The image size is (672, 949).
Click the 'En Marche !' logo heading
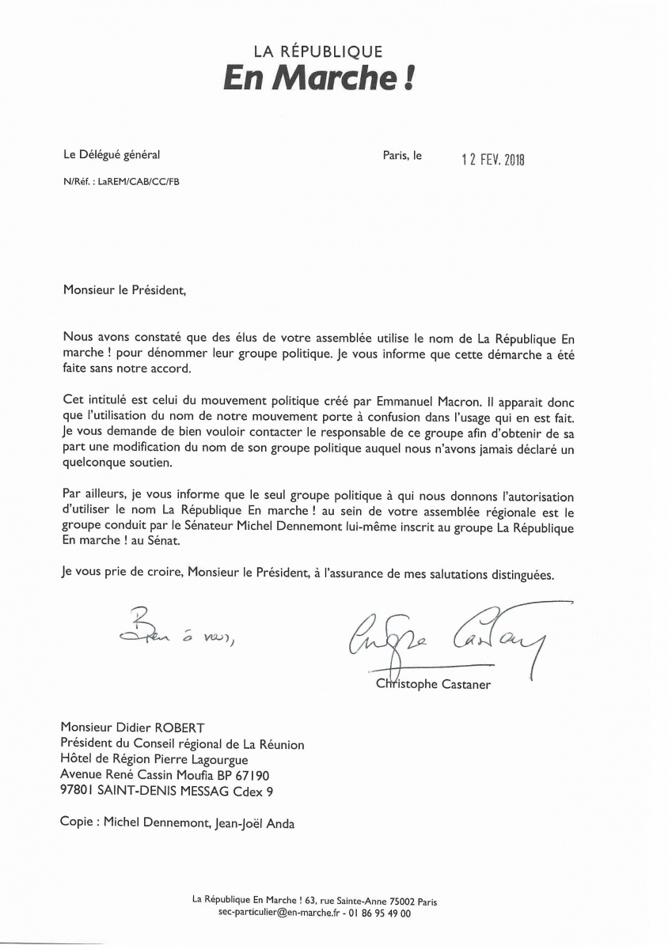point(318,81)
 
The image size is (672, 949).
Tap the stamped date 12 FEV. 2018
point(493,158)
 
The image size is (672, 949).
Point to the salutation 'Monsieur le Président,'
point(125,289)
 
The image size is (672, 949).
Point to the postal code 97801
point(79,790)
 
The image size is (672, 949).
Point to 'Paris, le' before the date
point(402,156)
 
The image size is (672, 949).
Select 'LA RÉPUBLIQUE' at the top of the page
point(317,52)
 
